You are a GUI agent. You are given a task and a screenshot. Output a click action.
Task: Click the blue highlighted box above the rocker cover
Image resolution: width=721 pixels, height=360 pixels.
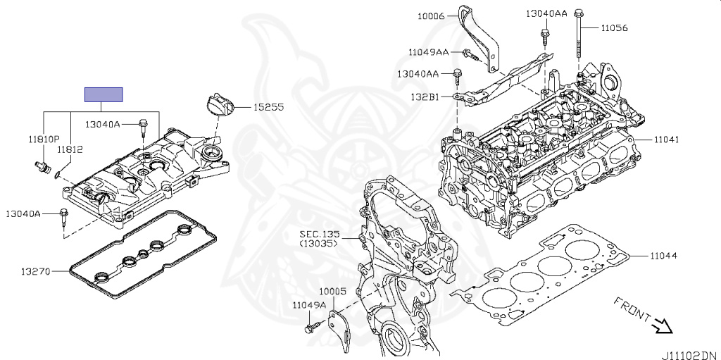coord(104,94)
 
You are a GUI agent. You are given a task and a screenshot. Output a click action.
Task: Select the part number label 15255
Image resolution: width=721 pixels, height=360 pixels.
coord(268,107)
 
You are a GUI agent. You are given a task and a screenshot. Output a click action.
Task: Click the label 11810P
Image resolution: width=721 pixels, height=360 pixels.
coord(43,138)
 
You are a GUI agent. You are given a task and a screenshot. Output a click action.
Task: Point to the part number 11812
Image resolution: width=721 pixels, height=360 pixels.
coord(70,149)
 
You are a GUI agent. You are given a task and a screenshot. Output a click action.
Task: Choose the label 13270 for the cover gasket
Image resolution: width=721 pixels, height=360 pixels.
coord(35,272)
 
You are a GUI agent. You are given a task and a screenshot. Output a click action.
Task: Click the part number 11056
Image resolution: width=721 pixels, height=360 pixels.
coord(614,28)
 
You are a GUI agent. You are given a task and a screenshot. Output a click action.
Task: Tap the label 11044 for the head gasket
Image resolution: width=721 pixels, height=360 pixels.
coord(663,256)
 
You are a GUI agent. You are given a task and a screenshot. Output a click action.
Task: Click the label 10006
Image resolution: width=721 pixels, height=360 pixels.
coord(431,16)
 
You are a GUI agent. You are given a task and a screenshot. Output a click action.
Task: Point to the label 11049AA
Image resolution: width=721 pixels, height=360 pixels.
coord(429,52)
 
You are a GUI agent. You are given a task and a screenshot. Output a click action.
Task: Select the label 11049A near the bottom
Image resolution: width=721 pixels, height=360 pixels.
coord(310,304)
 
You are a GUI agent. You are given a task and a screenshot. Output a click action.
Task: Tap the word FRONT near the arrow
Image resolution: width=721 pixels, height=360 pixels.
coord(632,310)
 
